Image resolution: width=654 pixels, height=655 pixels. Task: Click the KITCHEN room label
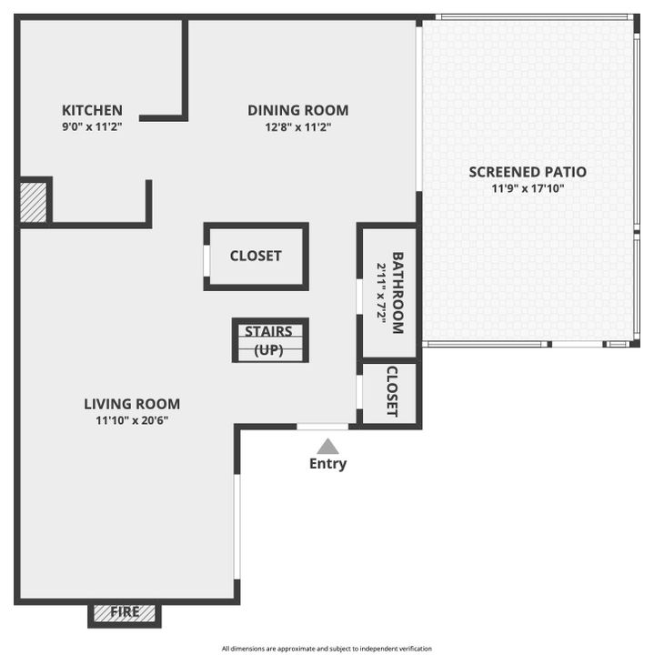click(92, 110)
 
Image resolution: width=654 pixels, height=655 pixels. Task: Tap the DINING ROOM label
click(297, 110)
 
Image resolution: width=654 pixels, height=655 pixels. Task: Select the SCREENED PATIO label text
click(528, 171)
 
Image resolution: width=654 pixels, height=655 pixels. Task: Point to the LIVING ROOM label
click(132, 404)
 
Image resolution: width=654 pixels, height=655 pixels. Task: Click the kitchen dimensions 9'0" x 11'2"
click(92, 127)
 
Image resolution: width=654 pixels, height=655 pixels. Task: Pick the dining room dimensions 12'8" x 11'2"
click(297, 127)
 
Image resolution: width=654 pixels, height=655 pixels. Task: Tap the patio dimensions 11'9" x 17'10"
click(528, 189)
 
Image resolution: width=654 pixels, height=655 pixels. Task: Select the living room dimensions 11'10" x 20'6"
click(132, 420)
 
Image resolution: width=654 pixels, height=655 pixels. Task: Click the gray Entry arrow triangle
click(327, 447)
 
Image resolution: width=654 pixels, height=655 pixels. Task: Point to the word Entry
click(327, 464)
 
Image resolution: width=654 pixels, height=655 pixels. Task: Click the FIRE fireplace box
click(125, 613)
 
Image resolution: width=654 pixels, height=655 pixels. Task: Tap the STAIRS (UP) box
click(270, 340)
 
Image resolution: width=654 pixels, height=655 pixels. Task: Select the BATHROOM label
click(397, 293)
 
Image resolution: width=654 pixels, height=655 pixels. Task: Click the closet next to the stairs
click(256, 257)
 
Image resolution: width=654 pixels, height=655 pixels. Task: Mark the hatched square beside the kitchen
click(34, 202)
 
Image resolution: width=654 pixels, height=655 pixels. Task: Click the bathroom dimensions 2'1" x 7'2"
click(381, 293)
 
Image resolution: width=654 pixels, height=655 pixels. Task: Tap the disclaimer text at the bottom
click(327, 649)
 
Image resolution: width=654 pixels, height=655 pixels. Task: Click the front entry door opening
click(323, 427)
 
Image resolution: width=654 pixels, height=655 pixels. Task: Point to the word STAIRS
click(268, 331)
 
